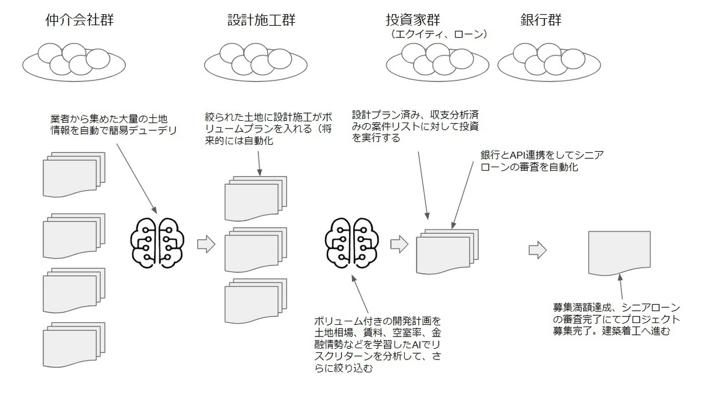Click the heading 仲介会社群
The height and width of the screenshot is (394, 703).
80,20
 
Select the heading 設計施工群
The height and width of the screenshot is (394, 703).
261,20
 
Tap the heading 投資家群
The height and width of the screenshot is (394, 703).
413,20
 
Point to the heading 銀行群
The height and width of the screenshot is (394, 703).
541,20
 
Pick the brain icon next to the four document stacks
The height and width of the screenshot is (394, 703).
157,243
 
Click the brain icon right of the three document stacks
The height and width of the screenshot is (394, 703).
351,243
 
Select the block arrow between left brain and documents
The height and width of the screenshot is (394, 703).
206,244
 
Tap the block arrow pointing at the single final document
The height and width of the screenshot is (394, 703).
538,250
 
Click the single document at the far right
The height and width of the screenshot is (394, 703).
619,253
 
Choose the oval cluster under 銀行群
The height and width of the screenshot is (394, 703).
549,63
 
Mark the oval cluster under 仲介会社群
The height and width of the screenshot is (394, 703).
74,63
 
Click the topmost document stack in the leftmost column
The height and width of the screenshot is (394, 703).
74,175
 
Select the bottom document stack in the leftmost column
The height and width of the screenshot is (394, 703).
74,345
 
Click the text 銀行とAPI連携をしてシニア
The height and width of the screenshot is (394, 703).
542,155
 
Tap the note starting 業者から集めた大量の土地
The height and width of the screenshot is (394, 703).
114,124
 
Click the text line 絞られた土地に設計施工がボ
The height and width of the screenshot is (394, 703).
268,117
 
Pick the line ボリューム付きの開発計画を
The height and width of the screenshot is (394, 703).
377,321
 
